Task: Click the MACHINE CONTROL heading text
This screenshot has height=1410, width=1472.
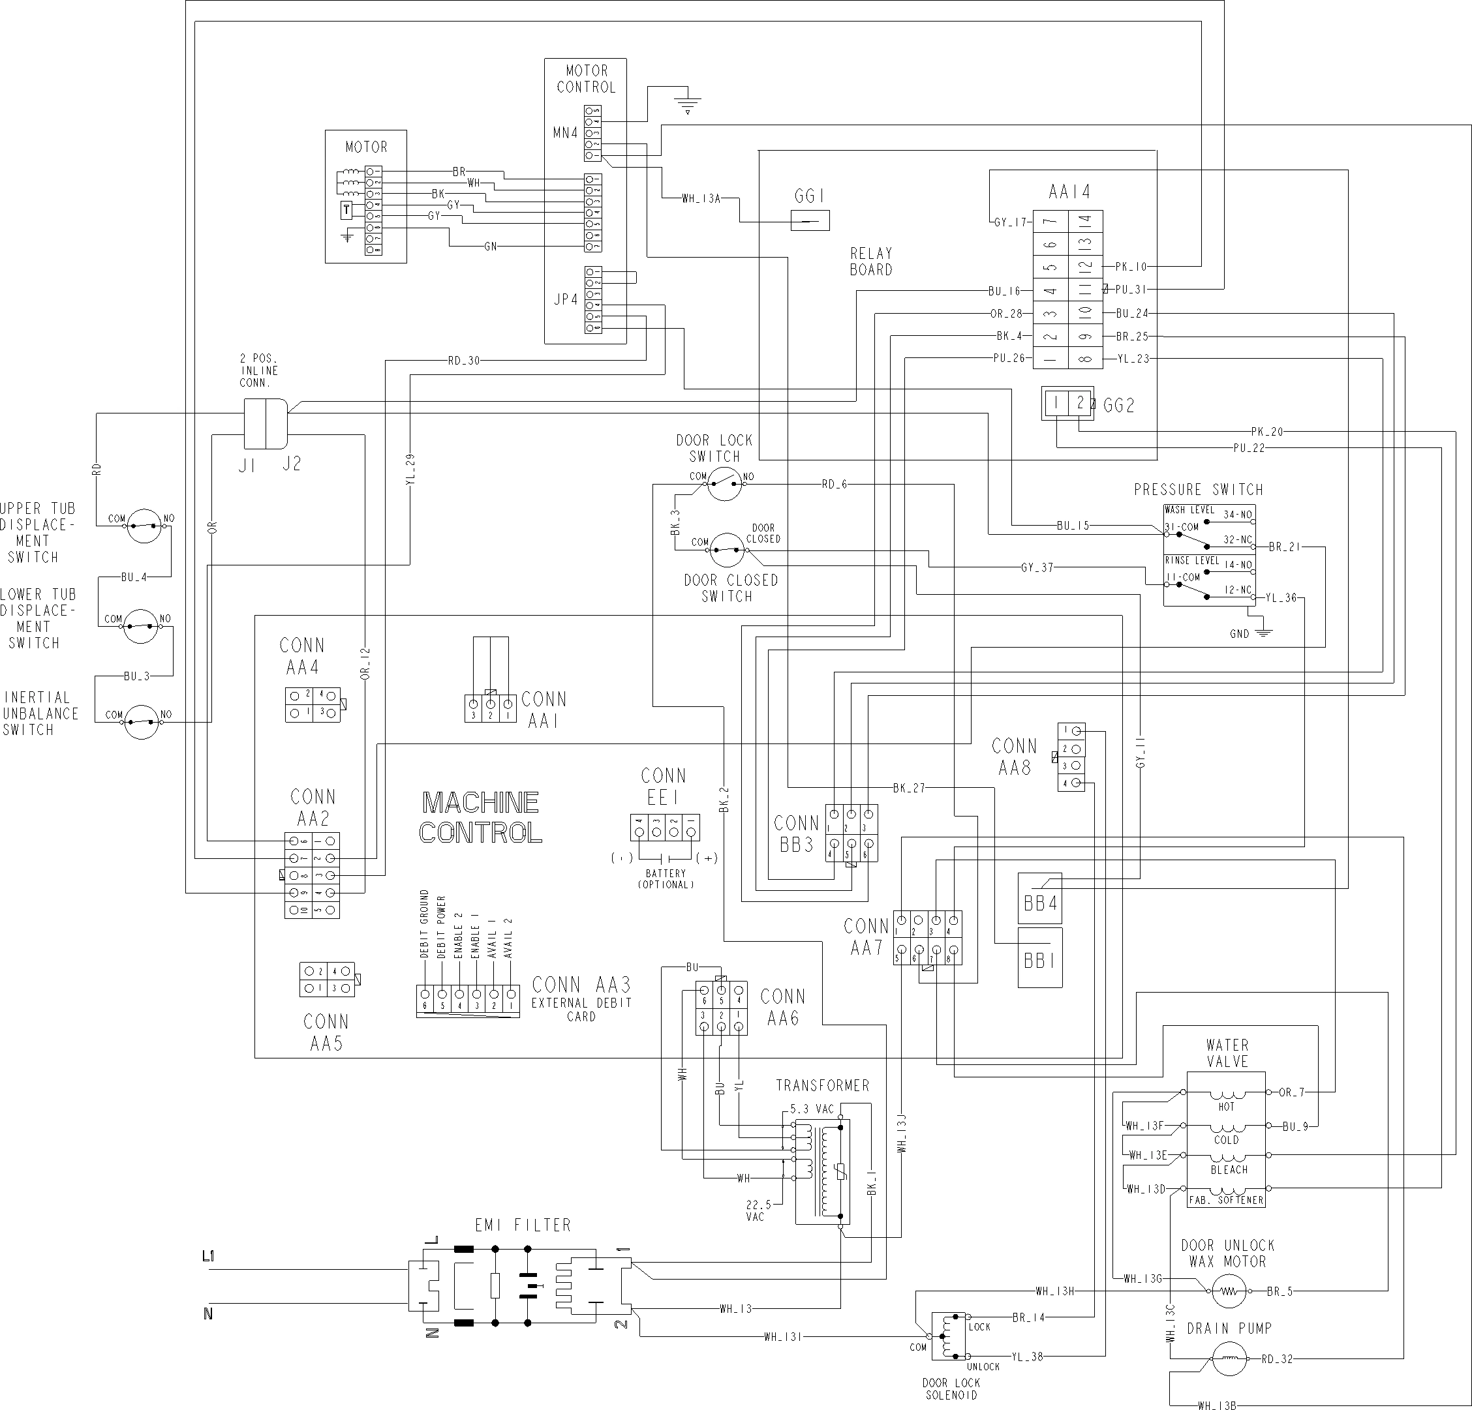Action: (481, 817)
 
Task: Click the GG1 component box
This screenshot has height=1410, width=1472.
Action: (810, 220)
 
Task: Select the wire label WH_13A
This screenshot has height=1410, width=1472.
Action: (701, 199)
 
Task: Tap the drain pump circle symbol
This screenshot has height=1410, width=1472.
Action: (1229, 1358)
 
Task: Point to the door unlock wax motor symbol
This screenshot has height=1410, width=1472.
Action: (1227, 1291)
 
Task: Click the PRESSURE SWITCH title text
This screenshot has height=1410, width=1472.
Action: (1198, 490)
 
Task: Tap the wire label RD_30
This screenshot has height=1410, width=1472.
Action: (463, 361)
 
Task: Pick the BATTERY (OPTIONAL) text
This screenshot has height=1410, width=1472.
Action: (666, 879)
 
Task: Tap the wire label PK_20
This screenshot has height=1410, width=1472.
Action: (1267, 432)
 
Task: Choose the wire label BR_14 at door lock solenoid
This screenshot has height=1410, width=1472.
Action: (1028, 1317)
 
